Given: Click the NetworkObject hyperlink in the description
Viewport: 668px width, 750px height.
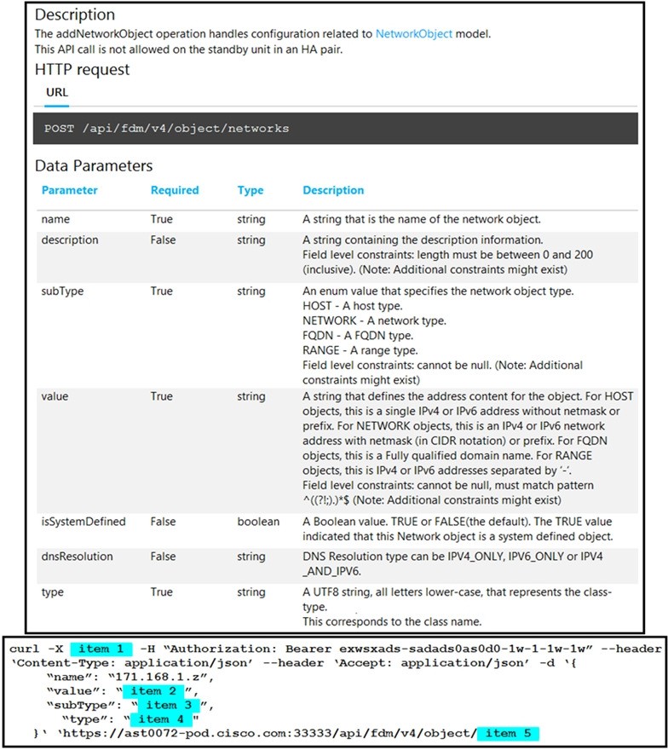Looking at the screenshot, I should [x=416, y=34].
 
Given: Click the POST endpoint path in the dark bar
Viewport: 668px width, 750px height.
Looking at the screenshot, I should [x=166, y=129].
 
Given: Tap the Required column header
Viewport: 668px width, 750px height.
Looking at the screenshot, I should [x=175, y=190].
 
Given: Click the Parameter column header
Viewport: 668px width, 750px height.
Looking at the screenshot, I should [x=70, y=190].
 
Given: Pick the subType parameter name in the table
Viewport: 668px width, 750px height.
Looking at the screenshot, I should [x=61, y=291].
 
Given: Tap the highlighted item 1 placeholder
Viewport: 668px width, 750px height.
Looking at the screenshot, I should [x=100, y=649].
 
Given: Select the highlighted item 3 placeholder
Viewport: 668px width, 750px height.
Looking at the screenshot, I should [x=172, y=705].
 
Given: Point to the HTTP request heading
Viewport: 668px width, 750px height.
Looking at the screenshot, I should [x=83, y=69].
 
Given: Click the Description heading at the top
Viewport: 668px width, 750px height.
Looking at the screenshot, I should [x=75, y=14].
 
